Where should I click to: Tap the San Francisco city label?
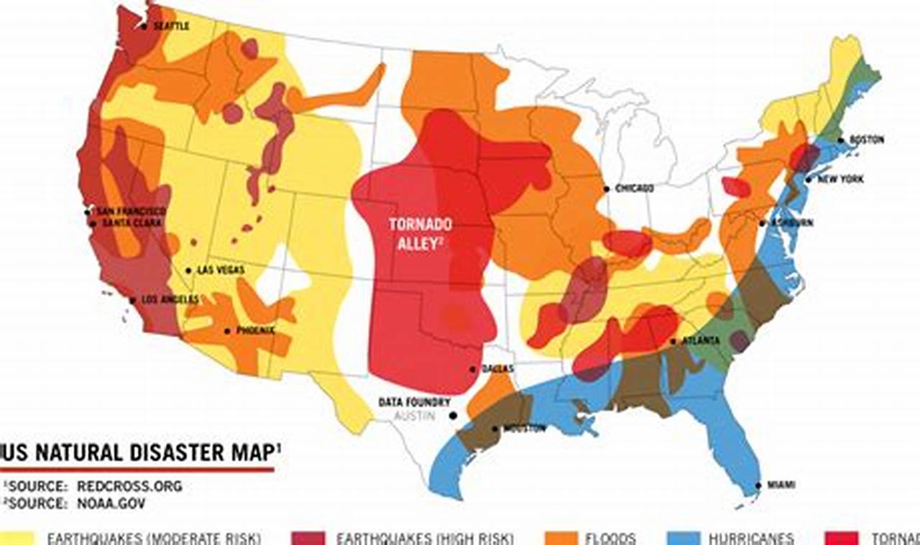[131, 211]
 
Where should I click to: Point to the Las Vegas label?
[220, 270]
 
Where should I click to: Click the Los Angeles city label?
[170, 299]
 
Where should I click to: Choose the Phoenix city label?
[254, 331]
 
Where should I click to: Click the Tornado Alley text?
[420, 233]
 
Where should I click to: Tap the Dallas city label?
[498, 368]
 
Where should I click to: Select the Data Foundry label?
[415, 402]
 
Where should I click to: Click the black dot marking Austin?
[453, 416]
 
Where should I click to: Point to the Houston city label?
[524, 429]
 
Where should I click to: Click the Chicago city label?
[633, 188]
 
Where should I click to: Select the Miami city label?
[781, 485]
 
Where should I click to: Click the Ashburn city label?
[792, 223]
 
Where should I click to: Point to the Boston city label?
[867, 140]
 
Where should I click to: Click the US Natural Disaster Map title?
[141, 453]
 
